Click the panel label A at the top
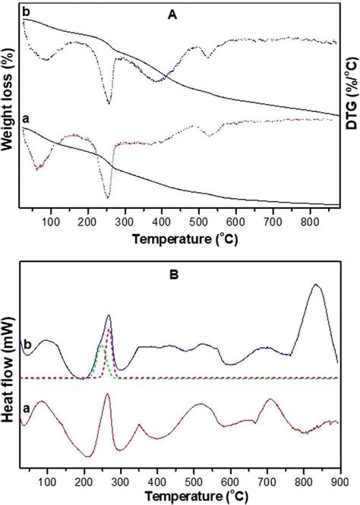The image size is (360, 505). (x=181, y=11)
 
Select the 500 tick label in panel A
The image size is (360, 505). (x=198, y=223)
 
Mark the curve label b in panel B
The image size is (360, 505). (x=27, y=342)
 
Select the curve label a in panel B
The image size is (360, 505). (x=27, y=409)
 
